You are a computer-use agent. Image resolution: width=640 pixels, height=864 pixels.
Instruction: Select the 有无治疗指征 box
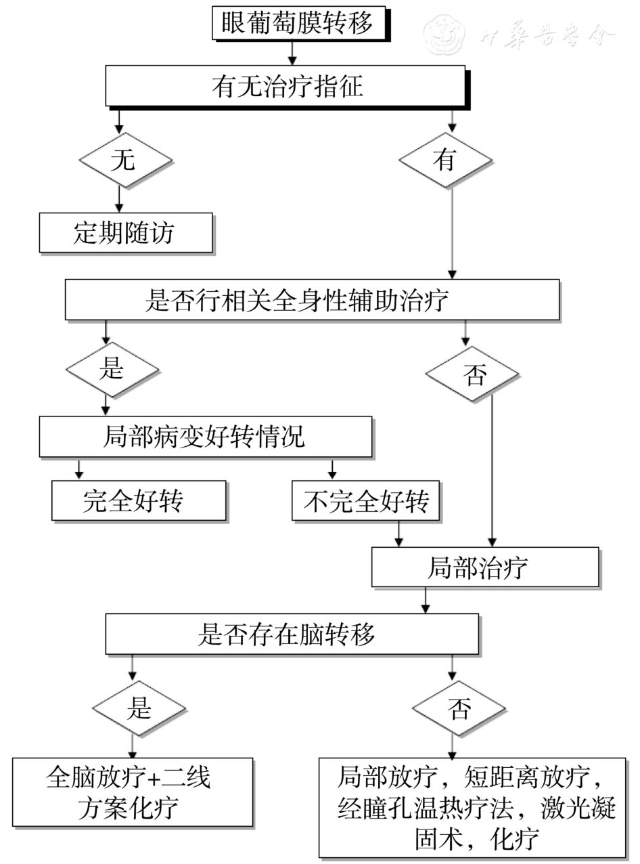[285, 86]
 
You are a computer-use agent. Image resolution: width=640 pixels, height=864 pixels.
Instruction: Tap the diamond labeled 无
[125, 161]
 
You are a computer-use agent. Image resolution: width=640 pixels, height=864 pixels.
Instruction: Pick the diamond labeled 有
[445, 161]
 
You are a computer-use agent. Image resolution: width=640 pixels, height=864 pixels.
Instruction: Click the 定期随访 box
[126, 233]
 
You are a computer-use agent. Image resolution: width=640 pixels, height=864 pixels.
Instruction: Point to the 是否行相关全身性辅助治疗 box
[312, 299]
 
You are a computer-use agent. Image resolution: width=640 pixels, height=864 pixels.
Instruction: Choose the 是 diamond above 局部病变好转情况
[112, 369]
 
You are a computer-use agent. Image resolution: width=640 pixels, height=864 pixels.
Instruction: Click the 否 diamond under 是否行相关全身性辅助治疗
[472, 374]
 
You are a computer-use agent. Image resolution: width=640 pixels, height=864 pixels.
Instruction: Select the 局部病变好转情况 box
[206, 437]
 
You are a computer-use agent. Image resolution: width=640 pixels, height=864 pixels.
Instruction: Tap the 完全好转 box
[139, 501]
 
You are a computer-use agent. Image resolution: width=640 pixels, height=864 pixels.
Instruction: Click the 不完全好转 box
[365, 501]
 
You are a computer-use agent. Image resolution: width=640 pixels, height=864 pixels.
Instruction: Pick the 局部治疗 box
[485, 567]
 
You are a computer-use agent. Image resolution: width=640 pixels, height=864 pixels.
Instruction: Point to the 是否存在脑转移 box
[292, 634]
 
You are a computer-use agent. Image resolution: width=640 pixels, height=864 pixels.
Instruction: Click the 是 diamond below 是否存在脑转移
[139, 708]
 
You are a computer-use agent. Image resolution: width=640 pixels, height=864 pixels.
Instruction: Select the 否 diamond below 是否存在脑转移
[459, 708]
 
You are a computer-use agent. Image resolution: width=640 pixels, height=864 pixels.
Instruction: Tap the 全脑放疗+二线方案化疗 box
[133, 792]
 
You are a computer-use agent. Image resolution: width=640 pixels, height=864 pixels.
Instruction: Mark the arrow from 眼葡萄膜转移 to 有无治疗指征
[292, 51]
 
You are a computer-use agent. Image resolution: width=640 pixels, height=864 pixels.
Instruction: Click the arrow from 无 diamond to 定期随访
[120, 200]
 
